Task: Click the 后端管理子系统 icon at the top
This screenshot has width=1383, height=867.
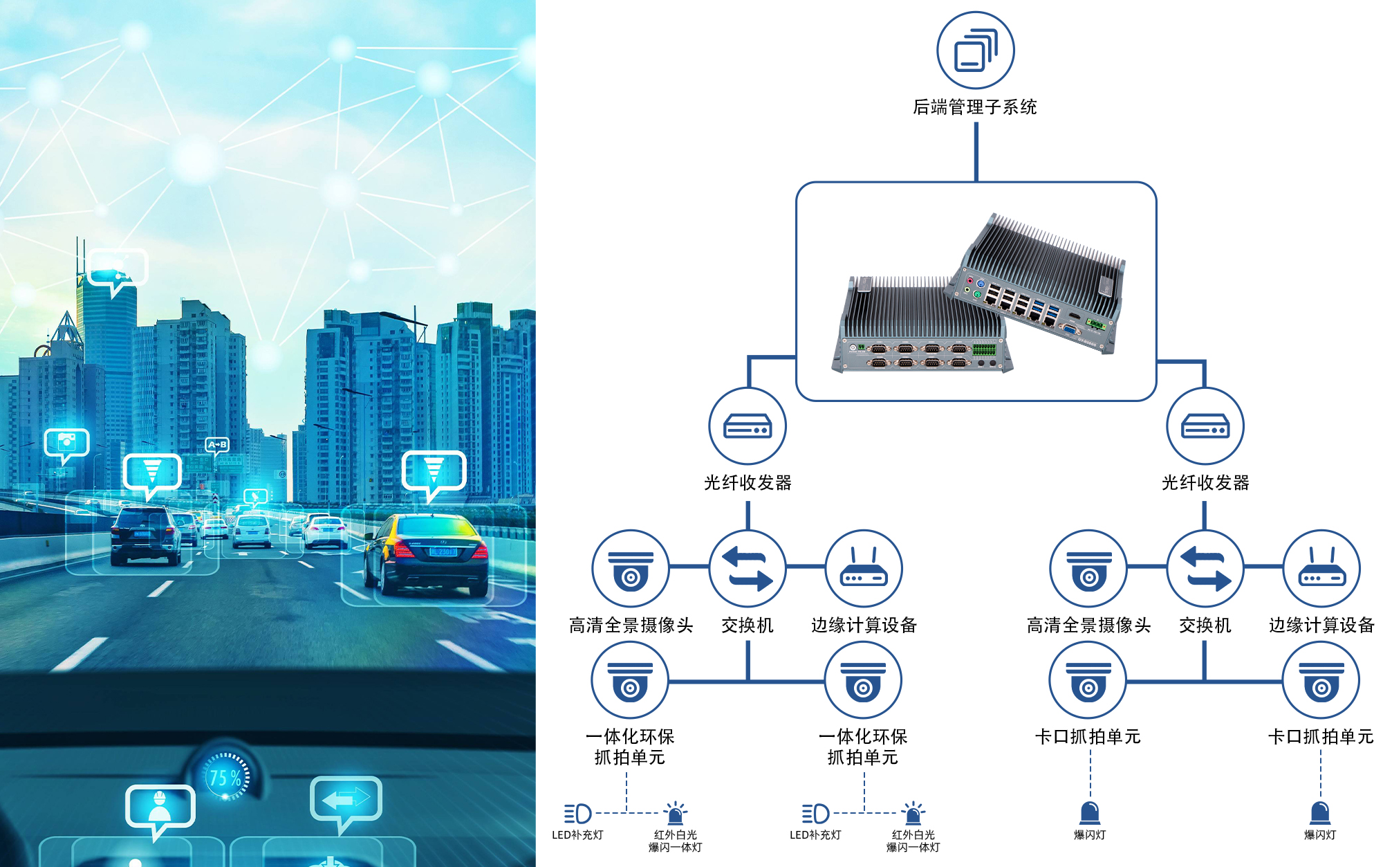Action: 975,50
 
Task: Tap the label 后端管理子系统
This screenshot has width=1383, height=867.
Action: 975,107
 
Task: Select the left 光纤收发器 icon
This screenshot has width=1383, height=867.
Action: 748,426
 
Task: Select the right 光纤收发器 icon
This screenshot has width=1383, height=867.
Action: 1205,426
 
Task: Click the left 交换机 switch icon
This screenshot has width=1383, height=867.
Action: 748,568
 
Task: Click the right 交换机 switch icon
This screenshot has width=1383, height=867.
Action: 1205,568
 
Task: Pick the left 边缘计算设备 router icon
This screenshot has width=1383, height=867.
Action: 864,568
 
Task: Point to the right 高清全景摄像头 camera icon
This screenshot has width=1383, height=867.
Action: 1088,568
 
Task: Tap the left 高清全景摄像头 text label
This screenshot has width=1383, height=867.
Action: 631,626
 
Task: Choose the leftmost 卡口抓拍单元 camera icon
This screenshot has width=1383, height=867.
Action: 1088,680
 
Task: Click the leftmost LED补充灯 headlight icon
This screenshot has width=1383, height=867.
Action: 577,813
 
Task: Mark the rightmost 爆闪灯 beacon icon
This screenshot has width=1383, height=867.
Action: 1320,812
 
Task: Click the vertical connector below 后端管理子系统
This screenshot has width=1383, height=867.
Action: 976,152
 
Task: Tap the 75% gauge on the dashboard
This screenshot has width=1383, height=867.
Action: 225,778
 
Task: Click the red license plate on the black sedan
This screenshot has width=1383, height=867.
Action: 443,551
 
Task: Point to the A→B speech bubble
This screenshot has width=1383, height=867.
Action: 217,445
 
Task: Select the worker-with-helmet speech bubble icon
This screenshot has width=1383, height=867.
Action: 160,807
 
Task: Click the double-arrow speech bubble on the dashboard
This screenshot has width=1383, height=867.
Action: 346,799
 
